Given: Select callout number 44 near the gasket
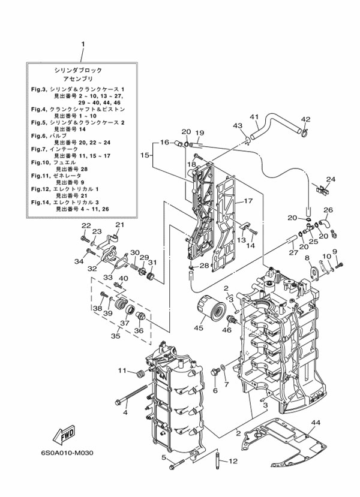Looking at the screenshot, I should [316, 422].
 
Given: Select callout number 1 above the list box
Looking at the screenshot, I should [83, 44].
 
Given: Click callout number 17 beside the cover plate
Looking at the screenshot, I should [248, 201].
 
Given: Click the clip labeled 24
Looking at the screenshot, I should [323, 191].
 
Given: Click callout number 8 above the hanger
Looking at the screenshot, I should [307, 258].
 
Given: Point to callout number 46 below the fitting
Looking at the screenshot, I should [228, 330].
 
